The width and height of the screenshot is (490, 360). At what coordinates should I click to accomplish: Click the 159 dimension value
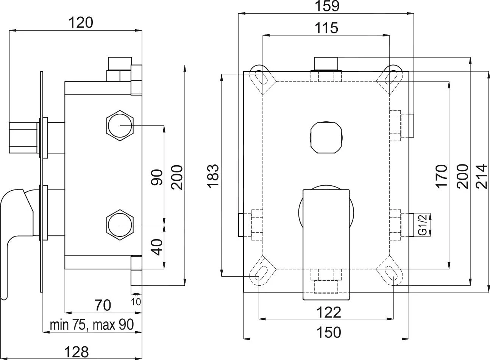click(327, 6)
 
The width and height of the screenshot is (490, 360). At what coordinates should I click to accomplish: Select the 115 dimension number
click(326, 28)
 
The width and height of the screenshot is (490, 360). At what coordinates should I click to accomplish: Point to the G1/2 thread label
click(424, 225)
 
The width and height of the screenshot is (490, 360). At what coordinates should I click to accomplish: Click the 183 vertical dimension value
click(213, 176)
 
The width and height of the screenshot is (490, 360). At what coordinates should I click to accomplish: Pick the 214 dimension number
click(482, 176)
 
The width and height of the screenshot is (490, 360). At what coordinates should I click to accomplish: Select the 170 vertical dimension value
click(442, 176)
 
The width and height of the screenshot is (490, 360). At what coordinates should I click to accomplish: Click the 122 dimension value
click(329, 312)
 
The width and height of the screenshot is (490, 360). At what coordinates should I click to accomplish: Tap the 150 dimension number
click(329, 332)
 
